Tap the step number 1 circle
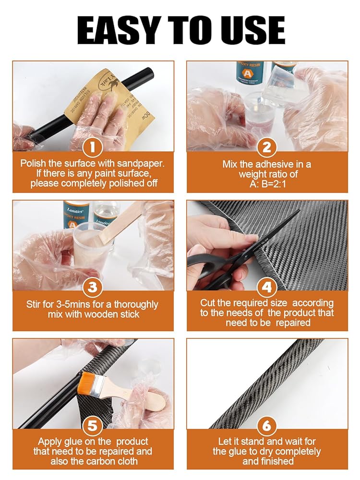point(92,147)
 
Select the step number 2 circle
point(267,147)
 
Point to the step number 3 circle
point(92,287)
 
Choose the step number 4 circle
point(267,287)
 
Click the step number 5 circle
point(92,425)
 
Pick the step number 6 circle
point(267,425)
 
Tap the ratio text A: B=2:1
point(267,184)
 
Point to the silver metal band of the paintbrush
point(100,385)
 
